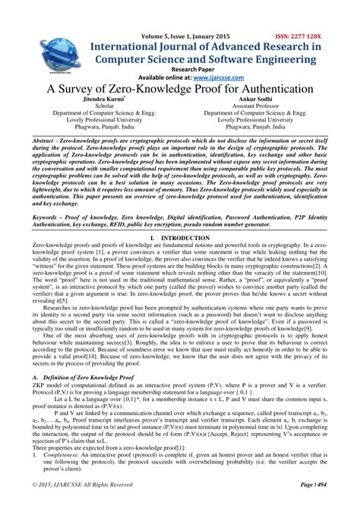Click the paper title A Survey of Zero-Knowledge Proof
pos(180,88)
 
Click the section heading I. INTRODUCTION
pos(180,239)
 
